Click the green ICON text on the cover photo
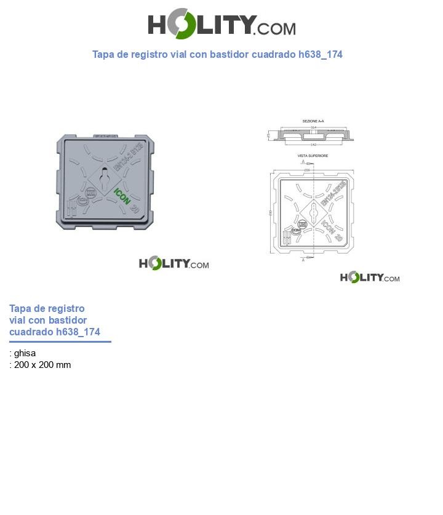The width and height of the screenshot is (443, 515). (x=122, y=195)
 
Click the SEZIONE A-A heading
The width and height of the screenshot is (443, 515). (x=313, y=121)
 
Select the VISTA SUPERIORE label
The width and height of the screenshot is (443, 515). (x=313, y=156)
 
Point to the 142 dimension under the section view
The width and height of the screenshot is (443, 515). (x=313, y=145)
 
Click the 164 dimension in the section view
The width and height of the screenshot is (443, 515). (x=313, y=127)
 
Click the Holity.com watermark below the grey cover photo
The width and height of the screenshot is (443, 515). (x=174, y=264)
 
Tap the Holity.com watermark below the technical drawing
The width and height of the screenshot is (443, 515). (x=370, y=277)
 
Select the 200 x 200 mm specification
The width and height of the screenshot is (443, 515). (x=42, y=365)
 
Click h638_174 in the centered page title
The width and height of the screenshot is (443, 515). (x=320, y=54)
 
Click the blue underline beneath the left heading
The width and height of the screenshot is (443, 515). (x=60, y=341)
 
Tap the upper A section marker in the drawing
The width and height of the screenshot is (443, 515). (x=303, y=162)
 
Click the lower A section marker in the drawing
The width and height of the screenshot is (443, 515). (x=303, y=260)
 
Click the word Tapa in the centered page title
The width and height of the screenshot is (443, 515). (x=103, y=54)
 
